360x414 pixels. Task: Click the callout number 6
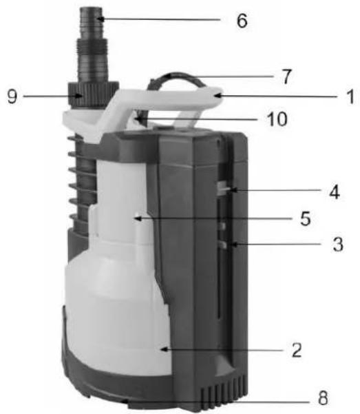point(242,21)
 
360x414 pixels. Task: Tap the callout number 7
point(286,76)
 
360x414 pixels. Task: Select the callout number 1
point(350,96)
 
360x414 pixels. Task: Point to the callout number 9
point(12,96)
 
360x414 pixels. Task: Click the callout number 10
point(277,119)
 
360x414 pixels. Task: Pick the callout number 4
point(335,192)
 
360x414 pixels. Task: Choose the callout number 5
point(306,218)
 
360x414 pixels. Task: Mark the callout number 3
point(338,244)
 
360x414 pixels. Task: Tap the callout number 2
point(297,350)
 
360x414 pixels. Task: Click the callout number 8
point(323,397)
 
